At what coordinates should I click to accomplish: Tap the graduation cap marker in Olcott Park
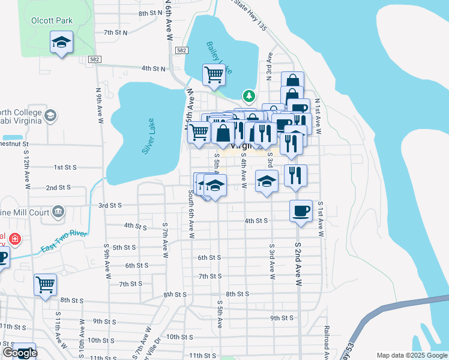[x=61, y=43]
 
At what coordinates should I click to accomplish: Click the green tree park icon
[x=249, y=96]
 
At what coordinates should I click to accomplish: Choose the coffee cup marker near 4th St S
[x=301, y=211]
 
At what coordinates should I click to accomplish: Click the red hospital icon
[x=15, y=239]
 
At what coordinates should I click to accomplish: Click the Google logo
[x=20, y=353]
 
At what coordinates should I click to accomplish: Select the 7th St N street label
[x=115, y=32]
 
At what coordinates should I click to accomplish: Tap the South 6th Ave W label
[x=190, y=214]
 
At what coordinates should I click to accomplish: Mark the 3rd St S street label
[x=110, y=205]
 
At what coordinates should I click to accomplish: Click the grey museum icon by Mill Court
[x=58, y=211]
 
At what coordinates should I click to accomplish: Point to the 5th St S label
[x=125, y=247]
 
